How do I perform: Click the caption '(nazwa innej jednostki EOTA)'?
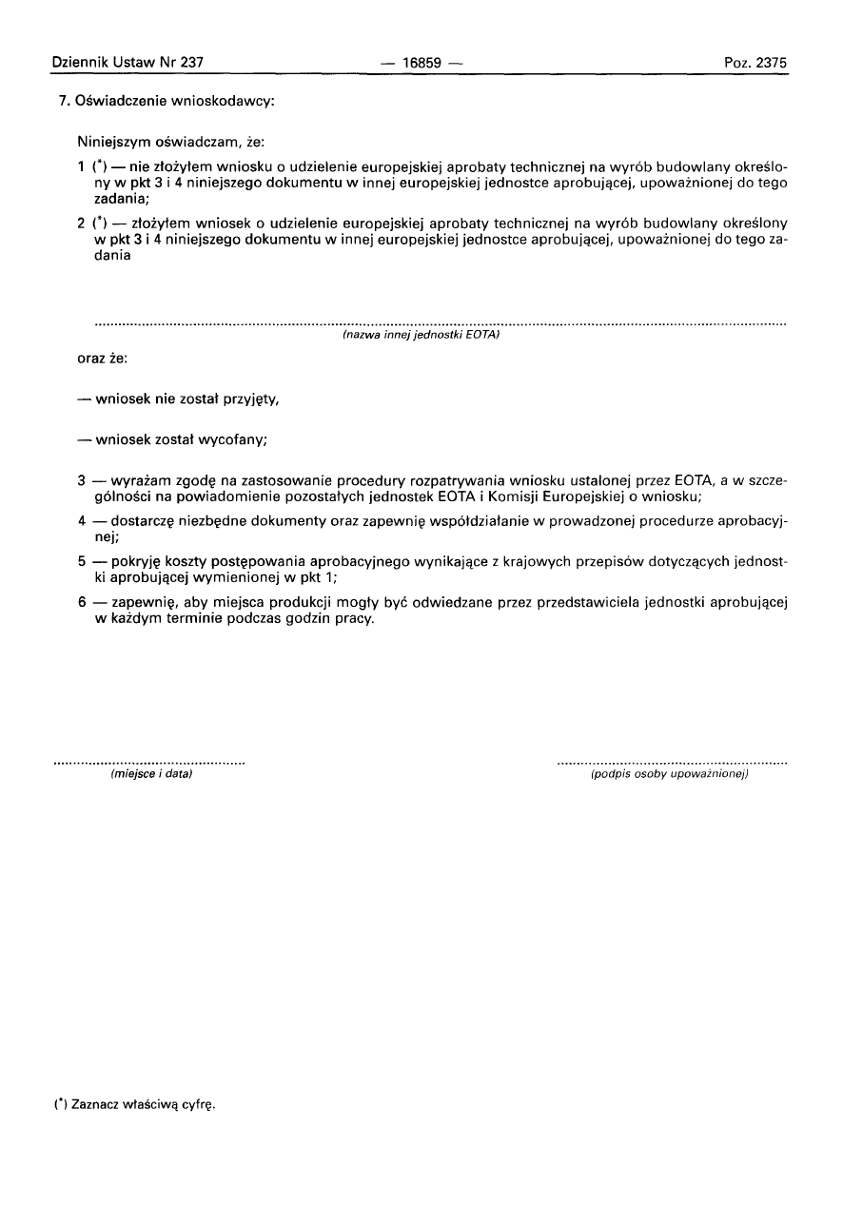point(421,335)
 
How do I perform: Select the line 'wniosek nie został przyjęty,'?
point(186,399)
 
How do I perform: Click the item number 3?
point(82,481)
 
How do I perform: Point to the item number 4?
point(82,521)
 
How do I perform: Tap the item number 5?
point(82,561)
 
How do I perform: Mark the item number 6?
point(82,602)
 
